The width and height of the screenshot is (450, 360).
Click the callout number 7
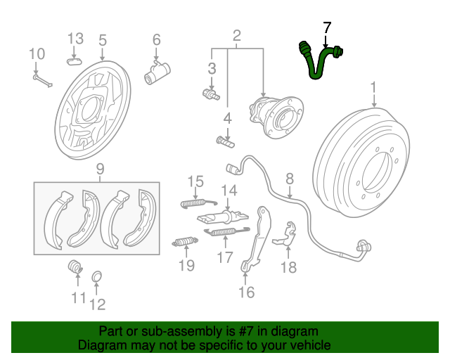326,28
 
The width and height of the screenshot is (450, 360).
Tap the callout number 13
75,38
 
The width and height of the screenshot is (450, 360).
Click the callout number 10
37,54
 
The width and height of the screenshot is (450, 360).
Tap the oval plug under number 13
75,60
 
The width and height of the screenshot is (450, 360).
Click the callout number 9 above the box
100,169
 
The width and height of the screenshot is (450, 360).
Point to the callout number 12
97,304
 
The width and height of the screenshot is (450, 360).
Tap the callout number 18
289,267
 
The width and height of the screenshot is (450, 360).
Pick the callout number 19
186,265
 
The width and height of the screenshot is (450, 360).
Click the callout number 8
290,180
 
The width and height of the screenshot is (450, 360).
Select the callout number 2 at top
237,36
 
